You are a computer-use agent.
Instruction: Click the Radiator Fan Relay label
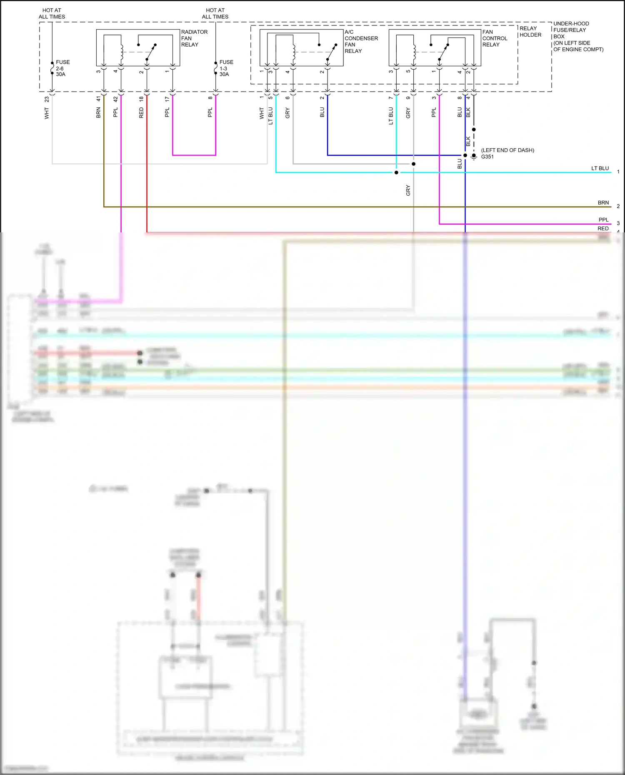click(194, 38)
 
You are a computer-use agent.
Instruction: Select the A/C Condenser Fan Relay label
click(361, 41)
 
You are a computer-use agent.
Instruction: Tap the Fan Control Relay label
click(495, 38)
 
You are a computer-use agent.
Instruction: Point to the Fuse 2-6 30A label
click(62, 68)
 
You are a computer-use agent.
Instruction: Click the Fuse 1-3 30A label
click(226, 68)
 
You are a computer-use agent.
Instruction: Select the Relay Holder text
click(530, 32)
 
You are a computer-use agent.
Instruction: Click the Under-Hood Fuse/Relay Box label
click(577, 36)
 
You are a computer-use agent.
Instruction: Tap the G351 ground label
click(487, 157)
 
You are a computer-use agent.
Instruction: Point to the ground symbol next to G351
click(474, 157)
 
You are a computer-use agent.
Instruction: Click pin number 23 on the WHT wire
click(47, 99)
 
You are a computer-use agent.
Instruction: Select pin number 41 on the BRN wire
click(98, 99)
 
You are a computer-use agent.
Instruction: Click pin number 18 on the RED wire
click(141, 99)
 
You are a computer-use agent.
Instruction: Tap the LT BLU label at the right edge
click(600, 168)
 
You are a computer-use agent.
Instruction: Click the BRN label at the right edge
click(603, 203)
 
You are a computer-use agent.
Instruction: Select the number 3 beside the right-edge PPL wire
click(618, 223)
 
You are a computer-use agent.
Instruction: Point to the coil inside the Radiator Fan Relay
click(122, 52)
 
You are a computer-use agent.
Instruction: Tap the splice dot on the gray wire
click(413, 164)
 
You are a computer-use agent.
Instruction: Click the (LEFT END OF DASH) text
click(507, 150)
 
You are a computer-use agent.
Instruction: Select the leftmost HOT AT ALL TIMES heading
click(52, 13)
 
